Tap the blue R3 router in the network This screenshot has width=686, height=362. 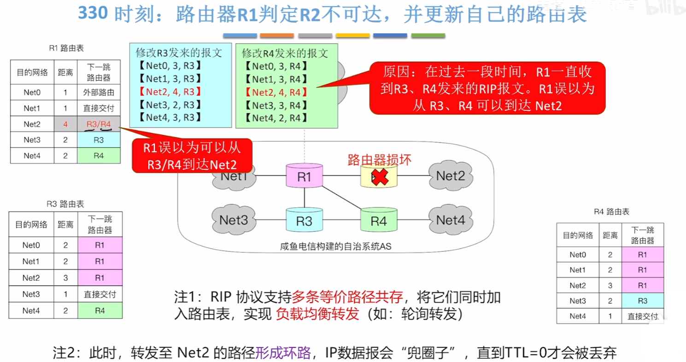click(304, 220)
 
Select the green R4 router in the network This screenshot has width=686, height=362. click(379, 220)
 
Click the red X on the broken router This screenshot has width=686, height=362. click(379, 177)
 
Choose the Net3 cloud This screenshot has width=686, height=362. click(234, 219)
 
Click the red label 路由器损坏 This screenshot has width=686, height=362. click(379, 159)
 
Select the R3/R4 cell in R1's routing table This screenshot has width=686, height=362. click(99, 123)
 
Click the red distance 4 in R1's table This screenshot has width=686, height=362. click(65, 123)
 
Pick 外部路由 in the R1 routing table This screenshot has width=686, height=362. click(99, 92)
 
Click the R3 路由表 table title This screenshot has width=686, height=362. click(65, 204)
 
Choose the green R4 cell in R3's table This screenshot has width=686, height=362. click(100, 311)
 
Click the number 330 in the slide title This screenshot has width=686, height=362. click(93, 14)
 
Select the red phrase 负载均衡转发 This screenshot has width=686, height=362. click(317, 314)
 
